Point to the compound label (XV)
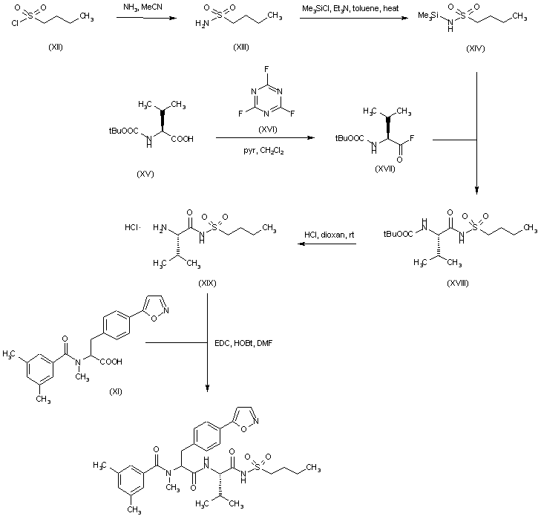[x=146, y=173]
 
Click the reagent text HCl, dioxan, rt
[x=327, y=235]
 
